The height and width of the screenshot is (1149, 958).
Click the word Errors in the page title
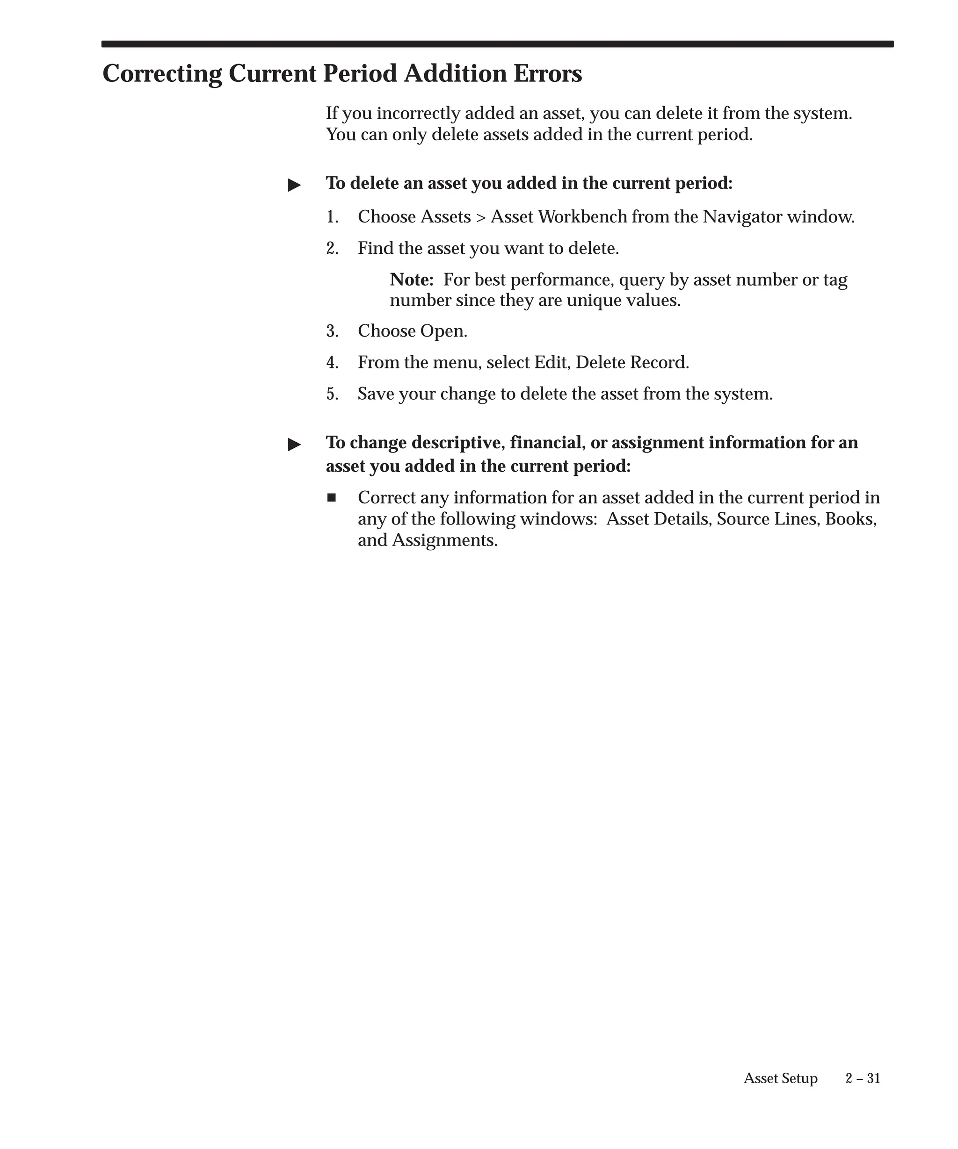(547, 73)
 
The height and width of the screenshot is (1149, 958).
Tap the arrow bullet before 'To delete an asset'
(295, 185)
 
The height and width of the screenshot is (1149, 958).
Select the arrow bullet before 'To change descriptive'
(295, 444)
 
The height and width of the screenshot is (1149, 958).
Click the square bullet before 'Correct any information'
(331, 497)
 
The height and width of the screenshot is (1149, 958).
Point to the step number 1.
(332, 217)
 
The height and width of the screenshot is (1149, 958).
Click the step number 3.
(332, 331)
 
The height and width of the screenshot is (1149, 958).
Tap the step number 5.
(332, 394)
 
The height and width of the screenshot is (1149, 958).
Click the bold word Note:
(412, 280)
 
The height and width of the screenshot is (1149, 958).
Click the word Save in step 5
(376, 394)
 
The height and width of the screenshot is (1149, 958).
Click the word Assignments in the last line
(444, 540)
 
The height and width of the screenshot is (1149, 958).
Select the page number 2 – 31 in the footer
(862, 1078)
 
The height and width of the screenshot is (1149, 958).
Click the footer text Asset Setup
(780, 1078)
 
